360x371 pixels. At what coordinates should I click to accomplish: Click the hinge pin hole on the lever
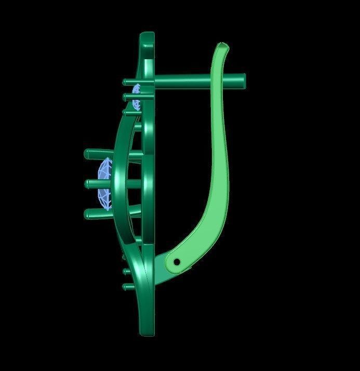click(x=177, y=262)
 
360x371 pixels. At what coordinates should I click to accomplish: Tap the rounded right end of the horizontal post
click(x=243, y=80)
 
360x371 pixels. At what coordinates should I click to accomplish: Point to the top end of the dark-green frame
click(x=147, y=36)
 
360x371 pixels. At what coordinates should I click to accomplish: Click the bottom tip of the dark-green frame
click(x=146, y=333)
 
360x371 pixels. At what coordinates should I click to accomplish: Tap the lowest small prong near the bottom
click(x=127, y=286)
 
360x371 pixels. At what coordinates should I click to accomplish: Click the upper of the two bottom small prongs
click(x=127, y=271)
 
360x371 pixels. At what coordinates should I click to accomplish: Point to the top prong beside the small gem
click(x=127, y=82)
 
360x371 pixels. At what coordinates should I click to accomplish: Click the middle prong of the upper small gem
click(x=127, y=96)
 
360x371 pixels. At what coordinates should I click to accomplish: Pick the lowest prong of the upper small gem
click(x=128, y=111)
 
